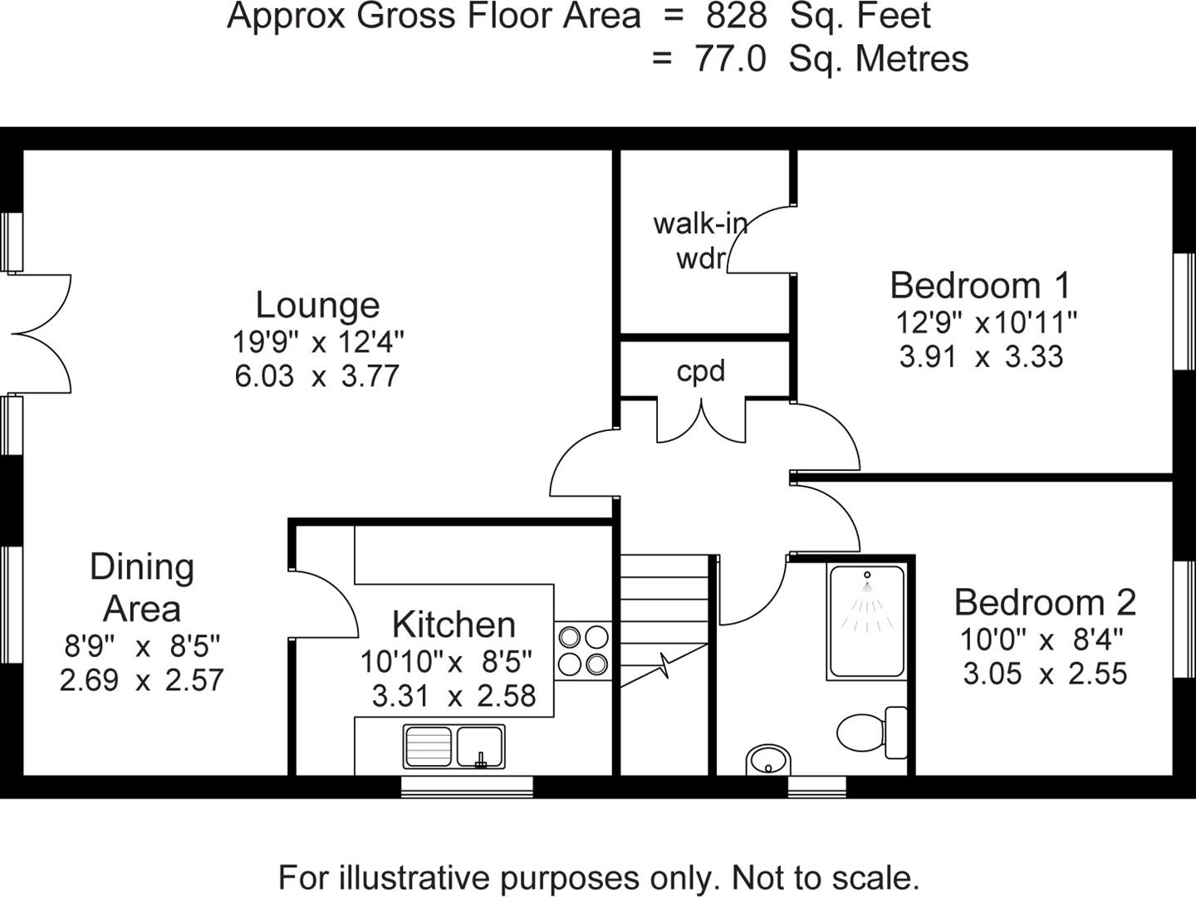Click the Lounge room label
pos(317,305)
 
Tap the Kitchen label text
pos(453,625)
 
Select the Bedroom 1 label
pos(981,286)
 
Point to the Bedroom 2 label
pos(1045,603)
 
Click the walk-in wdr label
pos(700,241)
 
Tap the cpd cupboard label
pos(700,371)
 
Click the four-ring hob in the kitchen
pos(583,650)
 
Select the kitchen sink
pos(453,745)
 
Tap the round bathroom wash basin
pos(768,758)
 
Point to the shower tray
pos(866,622)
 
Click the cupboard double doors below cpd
pos(702,420)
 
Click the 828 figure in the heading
pos(737,17)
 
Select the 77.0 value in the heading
pos(730,59)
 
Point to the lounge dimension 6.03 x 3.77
pos(317,376)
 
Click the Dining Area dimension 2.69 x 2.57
pos(142,680)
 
